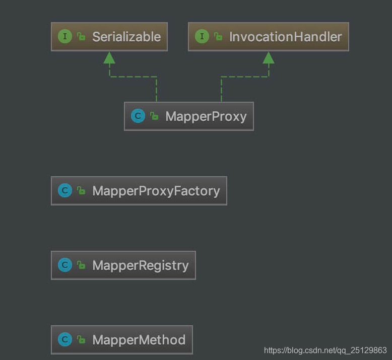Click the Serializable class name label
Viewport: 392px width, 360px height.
pyautogui.click(x=126, y=37)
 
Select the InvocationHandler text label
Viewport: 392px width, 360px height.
pyautogui.click(x=285, y=37)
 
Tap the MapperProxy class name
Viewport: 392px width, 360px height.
pyautogui.click(x=206, y=116)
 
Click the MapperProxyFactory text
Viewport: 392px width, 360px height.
pyautogui.click(x=156, y=191)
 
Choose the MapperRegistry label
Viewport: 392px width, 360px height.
pyautogui.click(x=141, y=265)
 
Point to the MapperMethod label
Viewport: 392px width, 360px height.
pyautogui.click(x=139, y=340)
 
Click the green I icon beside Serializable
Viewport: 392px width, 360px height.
pyautogui.click(x=64, y=36)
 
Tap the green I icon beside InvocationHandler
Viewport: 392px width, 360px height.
pyautogui.click(x=202, y=36)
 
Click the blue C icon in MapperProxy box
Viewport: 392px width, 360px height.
pyautogui.click(x=138, y=116)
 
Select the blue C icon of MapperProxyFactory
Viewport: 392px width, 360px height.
pyautogui.click(x=64, y=191)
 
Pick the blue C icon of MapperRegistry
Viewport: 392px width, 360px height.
pyautogui.click(x=64, y=265)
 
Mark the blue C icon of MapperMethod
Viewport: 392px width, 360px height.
pyautogui.click(x=64, y=340)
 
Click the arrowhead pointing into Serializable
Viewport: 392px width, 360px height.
pyautogui.click(x=109, y=58)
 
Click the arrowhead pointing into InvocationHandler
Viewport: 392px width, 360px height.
pyautogui.click(x=269, y=58)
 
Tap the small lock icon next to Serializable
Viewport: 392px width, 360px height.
pyautogui.click(x=81, y=37)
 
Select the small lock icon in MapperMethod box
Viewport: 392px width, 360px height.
pyautogui.click(x=81, y=340)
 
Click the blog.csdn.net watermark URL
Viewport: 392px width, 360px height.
pyautogui.click(x=325, y=350)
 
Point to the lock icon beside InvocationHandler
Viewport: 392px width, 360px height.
pyautogui.click(x=218, y=37)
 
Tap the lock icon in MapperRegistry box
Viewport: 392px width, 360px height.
pyautogui.click(x=81, y=265)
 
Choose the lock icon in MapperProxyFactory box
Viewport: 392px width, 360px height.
pyautogui.click(x=81, y=191)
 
